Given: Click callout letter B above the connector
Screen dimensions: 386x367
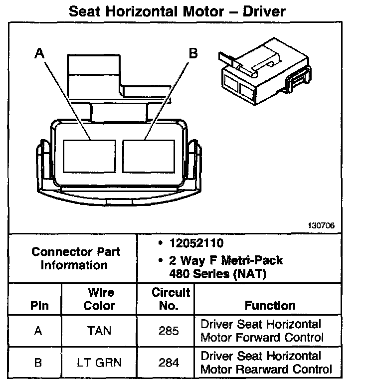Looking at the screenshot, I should (193, 53).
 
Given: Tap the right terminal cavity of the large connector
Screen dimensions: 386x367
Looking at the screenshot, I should (149, 156).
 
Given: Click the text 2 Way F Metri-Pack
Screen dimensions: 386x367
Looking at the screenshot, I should (226, 260).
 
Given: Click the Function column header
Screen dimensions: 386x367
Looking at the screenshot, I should (270, 305).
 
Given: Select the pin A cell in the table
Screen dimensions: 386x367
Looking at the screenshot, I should (37, 331).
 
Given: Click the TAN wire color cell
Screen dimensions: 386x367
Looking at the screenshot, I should (100, 331).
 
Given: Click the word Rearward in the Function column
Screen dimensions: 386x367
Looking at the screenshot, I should (261, 370).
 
